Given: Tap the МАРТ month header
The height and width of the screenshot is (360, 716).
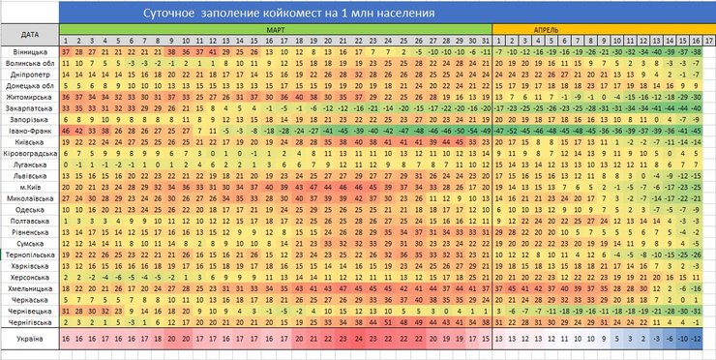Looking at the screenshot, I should coord(275,30).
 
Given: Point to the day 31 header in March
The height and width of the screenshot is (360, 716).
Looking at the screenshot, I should coord(484,40).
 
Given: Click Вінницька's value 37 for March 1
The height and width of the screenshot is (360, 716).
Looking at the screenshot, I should coord(65,51).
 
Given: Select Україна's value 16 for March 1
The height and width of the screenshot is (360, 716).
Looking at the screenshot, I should coord(65,339).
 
